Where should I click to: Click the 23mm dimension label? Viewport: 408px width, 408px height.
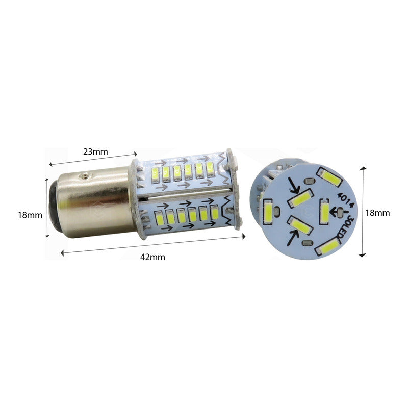click(x=95, y=151)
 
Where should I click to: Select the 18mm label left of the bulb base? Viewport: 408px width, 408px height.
click(x=30, y=215)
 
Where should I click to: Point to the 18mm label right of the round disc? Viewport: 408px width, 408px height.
click(x=378, y=213)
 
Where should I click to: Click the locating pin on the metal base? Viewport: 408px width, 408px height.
click(x=84, y=176)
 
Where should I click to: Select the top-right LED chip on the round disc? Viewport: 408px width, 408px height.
click(x=330, y=176)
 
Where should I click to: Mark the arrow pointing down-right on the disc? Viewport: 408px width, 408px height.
click(x=292, y=185)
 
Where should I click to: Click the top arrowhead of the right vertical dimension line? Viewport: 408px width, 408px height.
click(x=363, y=168)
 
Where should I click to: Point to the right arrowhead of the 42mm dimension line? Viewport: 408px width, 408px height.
click(x=243, y=236)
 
